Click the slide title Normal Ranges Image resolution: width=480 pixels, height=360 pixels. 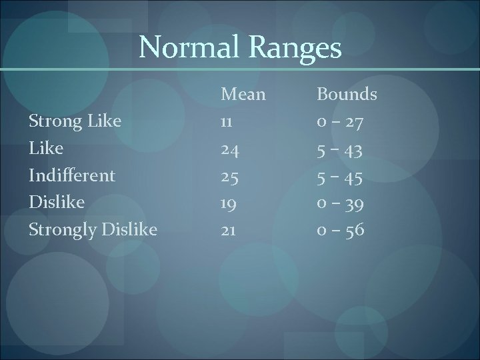(x=240, y=48)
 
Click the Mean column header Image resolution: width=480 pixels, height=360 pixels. (x=243, y=95)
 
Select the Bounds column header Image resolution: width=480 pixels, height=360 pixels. (x=346, y=95)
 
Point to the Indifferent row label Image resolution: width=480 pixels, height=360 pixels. (x=71, y=175)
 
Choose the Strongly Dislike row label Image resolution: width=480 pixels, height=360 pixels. (x=92, y=230)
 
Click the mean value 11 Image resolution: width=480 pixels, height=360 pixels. (x=228, y=121)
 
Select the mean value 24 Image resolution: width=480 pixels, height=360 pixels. (x=230, y=149)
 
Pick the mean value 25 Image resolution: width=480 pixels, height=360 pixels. (x=230, y=176)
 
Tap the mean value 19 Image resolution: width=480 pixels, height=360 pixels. (x=229, y=203)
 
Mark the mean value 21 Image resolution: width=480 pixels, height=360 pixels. (x=229, y=230)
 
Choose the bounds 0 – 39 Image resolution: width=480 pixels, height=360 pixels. (x=339, y=203)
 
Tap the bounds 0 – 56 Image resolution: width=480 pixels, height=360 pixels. (x=339, y=230)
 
